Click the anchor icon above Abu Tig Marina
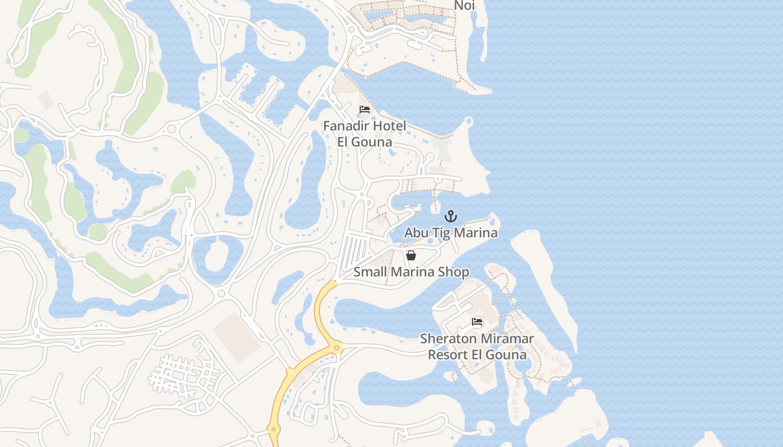pos(451,216)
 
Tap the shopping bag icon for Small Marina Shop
pos(411,255)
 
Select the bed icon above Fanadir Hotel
pos(365,110)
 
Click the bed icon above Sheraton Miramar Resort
pos(477,322)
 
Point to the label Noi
pos(464,6)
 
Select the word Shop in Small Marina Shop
pos(454,272)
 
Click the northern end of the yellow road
pos(334,283)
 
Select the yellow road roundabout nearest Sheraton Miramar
pos(337,348)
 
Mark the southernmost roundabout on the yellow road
pos(273,430)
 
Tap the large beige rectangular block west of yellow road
pos(237,337)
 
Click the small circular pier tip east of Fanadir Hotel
pos(469,121)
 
